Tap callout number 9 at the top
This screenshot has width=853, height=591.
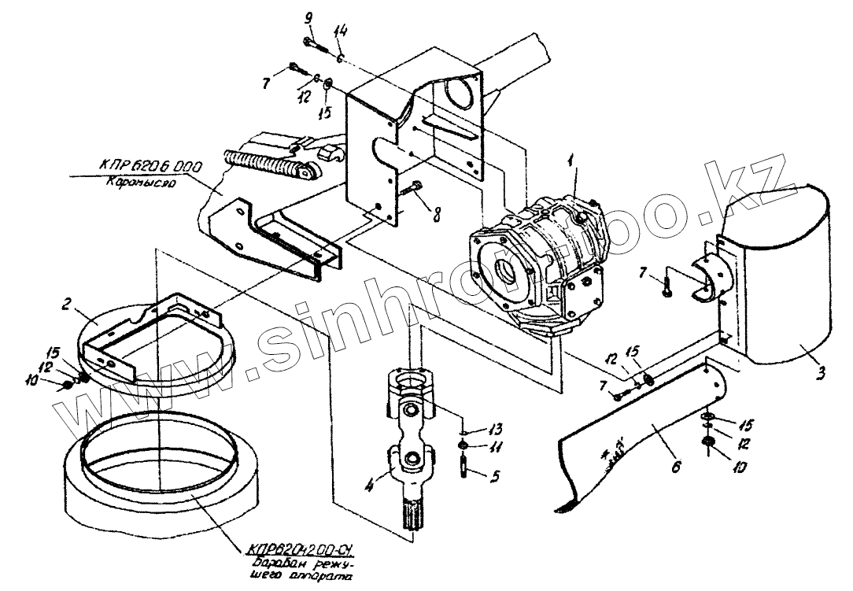pyautogui.click(x=308, y=17)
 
